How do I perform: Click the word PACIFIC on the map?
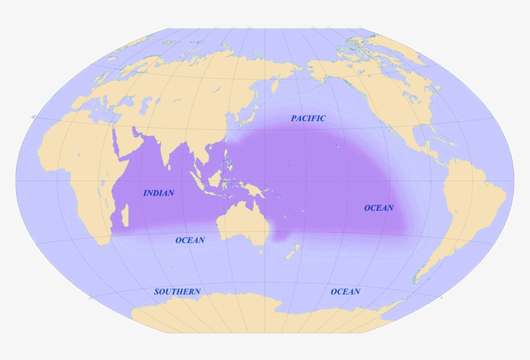[x=308, y=118]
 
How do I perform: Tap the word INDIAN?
[x=158, y=193]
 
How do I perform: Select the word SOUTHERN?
[x=177, y=291]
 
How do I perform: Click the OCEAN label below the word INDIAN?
[x=190, y=240]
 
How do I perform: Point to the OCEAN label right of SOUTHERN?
[x=345, y=291]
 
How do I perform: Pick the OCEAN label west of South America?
[x=379, y=207]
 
